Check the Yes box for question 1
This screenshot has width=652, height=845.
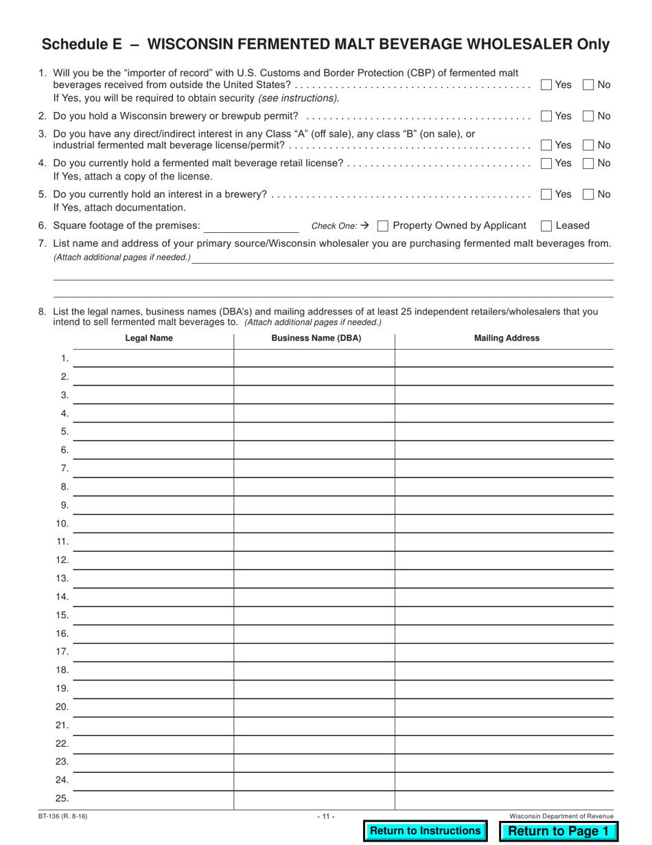pyautogui.click(x=546, y=85)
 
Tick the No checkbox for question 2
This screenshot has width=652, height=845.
pyautogui.click(x=588, y=116)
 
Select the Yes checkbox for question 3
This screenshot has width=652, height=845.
pyautogui.click(x=546, y=145)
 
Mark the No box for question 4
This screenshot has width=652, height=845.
pyautogui.click(x=588, y=163)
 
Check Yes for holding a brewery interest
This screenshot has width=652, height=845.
pyautogui.click(x=546, y=194)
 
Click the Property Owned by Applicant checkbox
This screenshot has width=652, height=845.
pyautogui.click(x=384, y=225)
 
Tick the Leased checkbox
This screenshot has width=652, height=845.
pyautogui.click(x=546, y=225)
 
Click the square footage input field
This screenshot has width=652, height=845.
pyautogui.click(x=251, y=225)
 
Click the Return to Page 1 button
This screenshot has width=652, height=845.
pyautogui.click(x=558, y=831)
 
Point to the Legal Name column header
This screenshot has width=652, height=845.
pyautogui.click(x=149, y=338)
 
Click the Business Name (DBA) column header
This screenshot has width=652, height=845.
pyautogui.click(x=316, y=338)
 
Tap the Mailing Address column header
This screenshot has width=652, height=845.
pyautogui.click(x=507, y=338)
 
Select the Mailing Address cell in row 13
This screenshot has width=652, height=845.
pyautogui.click(x=504, y=578)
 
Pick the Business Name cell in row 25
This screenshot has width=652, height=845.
pyautogui.click(x=314, y=799)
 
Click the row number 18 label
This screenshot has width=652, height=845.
pyautogui.click(x=62, y=670)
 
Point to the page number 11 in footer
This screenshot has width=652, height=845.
pyautogui.click(x=326, y=816)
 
